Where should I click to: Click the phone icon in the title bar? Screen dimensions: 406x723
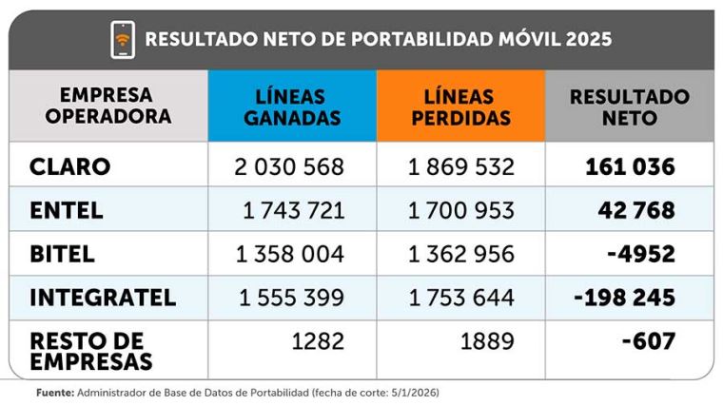123,39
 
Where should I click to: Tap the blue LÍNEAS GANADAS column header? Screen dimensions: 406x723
291,106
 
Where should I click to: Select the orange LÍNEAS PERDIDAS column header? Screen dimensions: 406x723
460,106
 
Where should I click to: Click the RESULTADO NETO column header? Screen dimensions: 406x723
629,106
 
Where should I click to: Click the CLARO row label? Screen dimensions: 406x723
70,167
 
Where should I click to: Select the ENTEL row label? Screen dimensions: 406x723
67,210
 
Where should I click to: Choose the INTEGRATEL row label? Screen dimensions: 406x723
103,298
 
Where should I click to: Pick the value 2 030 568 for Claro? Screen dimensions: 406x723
289,167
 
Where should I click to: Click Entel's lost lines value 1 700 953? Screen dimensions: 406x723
461,210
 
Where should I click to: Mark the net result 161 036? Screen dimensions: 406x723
630,167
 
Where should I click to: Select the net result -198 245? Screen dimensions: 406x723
624,298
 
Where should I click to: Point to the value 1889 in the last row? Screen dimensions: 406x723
487,340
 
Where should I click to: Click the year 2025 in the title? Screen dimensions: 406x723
588,40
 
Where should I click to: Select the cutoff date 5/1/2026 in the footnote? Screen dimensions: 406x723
408,391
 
